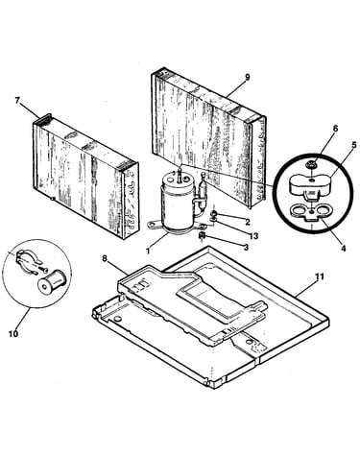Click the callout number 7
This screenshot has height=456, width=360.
(17, 101)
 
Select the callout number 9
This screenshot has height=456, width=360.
(247, 78)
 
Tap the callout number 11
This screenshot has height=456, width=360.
(320, 276)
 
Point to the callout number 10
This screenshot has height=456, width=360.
(13, 334)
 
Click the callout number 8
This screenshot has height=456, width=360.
(105, 258)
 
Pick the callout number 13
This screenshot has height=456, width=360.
(253, 236)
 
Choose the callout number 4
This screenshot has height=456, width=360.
(344, 248)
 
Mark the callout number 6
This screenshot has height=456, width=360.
(335, 129)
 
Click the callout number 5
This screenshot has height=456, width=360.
(354, 145)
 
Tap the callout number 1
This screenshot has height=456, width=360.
(148, 252)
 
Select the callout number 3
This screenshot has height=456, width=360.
(246, 247)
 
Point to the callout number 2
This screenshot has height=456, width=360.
(248, 222)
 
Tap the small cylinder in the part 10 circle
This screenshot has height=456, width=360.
(51, 280)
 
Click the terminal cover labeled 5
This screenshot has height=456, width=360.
(310, 185)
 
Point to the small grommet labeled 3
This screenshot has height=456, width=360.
(202, 236)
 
